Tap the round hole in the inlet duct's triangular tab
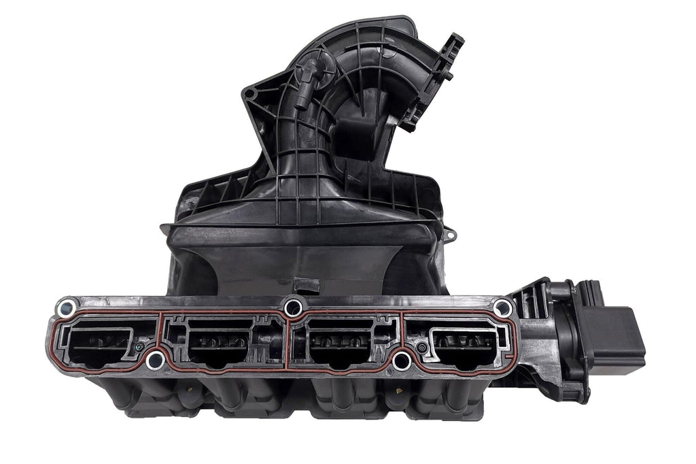250,93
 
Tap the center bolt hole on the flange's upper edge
293,308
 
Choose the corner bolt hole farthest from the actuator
66,308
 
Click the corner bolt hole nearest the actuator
502,308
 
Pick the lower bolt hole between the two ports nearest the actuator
402,360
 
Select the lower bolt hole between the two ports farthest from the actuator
155,359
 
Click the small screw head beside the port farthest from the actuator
139,347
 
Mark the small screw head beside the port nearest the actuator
422,348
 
